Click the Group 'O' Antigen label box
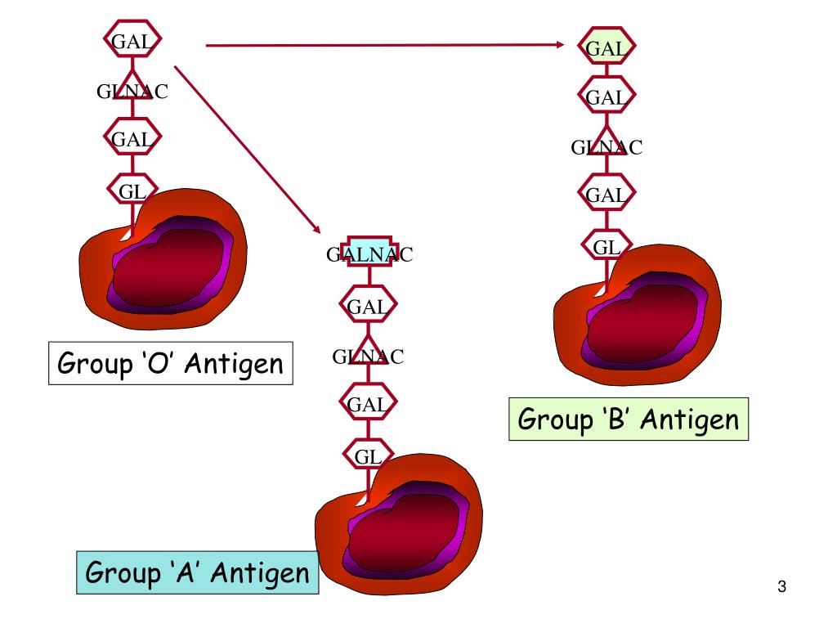[x=171, y=363]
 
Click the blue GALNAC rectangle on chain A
[x=369, y=255]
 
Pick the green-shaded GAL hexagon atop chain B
[x=606, y=49]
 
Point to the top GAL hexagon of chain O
[x=132, y=41]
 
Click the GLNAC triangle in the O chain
[x=132, y=92]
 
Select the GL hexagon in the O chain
[x=132, y=191]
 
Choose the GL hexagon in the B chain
[x=606, y=244]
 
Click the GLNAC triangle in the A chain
[x=368, y=355]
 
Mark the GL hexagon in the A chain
[x=368, y=456]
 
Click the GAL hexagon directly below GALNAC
[x=368, y=307]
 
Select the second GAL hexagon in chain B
[x=606, y=98]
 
